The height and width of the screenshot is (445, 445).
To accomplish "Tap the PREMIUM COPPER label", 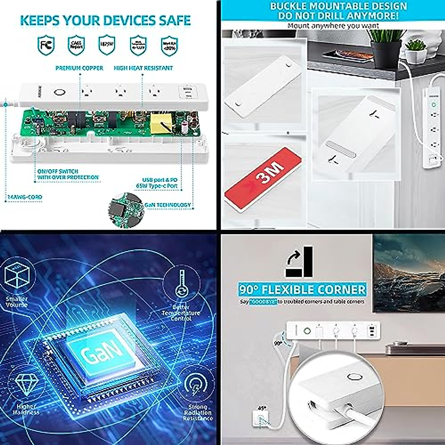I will [x=79, y=68].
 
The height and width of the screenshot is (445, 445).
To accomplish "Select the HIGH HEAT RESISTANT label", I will [x=143, y=68].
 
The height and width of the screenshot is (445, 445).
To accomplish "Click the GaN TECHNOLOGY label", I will [x=168, y=205].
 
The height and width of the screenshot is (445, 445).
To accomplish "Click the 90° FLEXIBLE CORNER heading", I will [x=302, y=290].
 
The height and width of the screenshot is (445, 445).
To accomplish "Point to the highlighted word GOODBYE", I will [x=263, y=302].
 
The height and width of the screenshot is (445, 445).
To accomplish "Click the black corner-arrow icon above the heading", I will [x=299, y=262].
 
